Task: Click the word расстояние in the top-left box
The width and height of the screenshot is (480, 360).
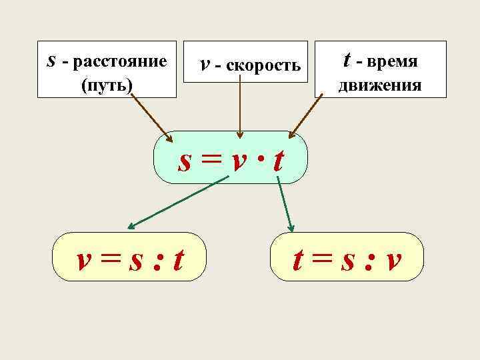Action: (x=119, y=63)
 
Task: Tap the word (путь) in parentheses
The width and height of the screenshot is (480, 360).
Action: (x=106, y=85)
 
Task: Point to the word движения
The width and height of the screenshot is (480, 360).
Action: (x=380, y=85)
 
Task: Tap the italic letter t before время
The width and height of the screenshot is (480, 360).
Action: (x=347, y=61)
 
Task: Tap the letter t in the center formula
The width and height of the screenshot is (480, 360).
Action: (x=278, y=160)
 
